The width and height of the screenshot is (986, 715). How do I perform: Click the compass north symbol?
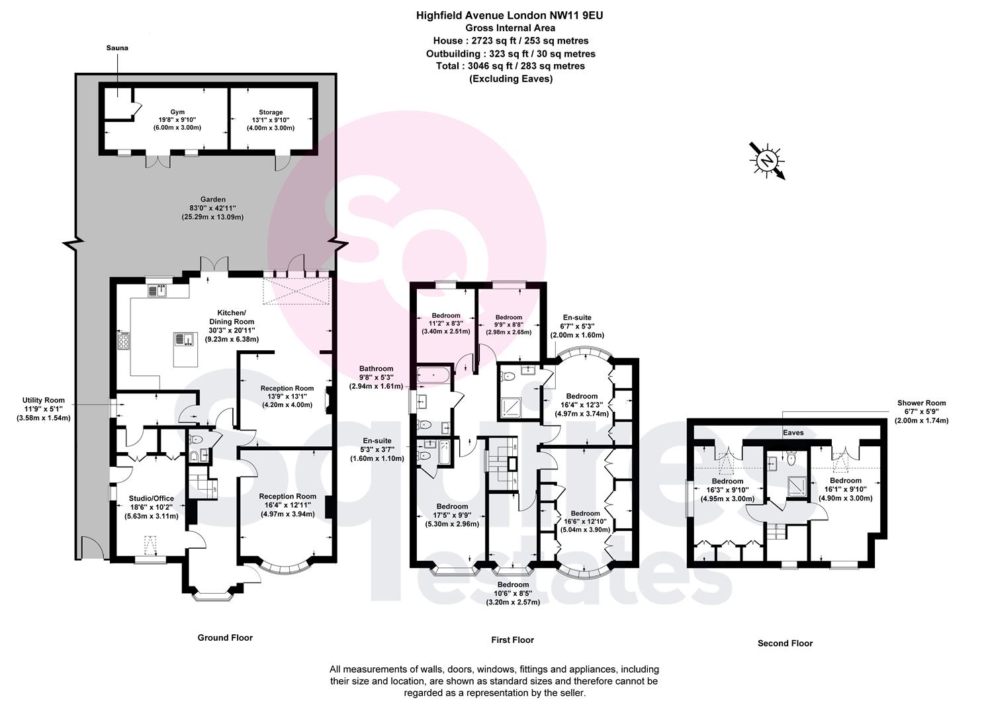pos(767,161)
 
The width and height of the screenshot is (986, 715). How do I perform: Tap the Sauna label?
pos(117,48)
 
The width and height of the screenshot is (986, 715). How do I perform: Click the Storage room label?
pos(271,120)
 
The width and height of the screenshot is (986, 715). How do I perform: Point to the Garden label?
pos(213,209)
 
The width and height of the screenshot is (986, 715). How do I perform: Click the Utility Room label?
pos(44,409)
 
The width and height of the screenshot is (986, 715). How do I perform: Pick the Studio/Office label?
pos(152,506)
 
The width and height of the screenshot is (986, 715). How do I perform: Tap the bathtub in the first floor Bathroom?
pos(433,375)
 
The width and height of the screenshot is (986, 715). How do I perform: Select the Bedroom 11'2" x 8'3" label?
pos(446,324)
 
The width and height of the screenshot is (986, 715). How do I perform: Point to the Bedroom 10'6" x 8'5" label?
pos(513,593)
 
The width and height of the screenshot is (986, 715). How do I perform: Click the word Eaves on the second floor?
pos(793,433)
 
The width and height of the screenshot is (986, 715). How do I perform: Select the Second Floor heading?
pos(785,643)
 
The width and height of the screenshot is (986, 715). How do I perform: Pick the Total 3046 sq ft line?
pos(511,66)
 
